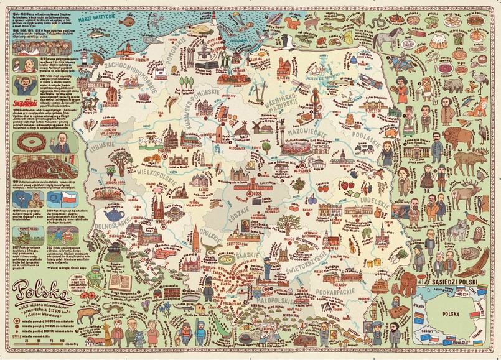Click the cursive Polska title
42,291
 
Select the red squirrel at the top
292,24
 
